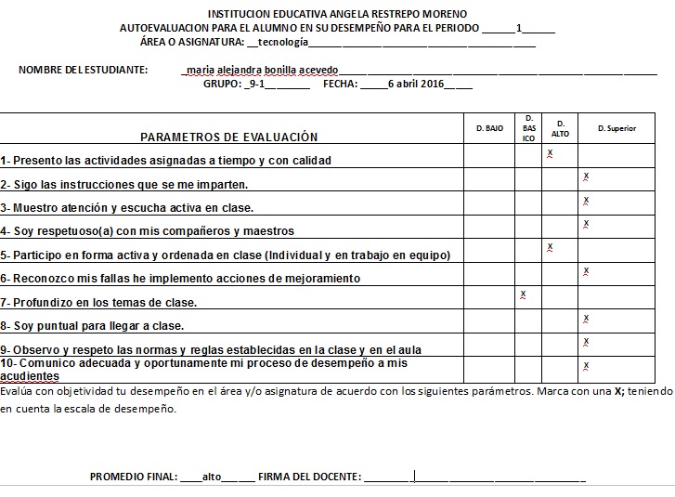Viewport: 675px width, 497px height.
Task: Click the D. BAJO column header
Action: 489,128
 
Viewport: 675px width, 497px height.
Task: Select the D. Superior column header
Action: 617,128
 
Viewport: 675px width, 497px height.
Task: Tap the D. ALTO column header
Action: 560,128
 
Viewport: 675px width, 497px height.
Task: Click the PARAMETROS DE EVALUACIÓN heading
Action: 229,137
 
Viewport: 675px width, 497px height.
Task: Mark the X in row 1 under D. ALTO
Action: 551,152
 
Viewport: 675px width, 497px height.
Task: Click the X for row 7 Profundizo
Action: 524,294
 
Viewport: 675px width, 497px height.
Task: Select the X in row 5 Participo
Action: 551,247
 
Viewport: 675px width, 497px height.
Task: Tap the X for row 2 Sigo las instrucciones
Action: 586,177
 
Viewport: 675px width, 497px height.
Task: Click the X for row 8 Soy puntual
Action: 586,319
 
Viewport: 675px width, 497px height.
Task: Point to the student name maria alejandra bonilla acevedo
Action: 263,70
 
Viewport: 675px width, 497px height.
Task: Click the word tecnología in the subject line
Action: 282,42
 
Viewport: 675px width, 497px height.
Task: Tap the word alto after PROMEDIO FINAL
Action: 211,477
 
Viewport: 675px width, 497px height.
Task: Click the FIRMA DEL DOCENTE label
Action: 310,477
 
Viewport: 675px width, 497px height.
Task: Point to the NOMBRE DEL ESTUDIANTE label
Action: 83,70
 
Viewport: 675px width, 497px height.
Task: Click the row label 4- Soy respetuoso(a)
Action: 148,230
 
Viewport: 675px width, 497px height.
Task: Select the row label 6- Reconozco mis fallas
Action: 180,278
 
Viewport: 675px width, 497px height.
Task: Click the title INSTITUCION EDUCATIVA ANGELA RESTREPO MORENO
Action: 338,15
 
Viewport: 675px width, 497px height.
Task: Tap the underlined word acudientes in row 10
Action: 30,376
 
